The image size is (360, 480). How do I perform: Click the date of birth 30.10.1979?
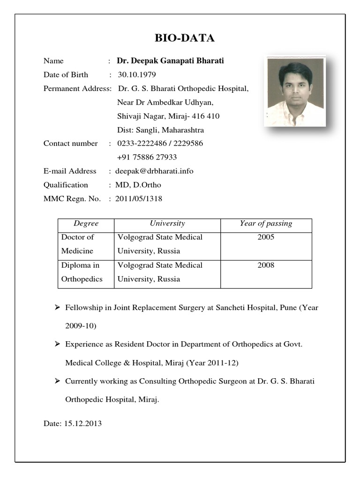[x=137, y=75]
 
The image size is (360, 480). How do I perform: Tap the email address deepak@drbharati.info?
[x=154, y=171]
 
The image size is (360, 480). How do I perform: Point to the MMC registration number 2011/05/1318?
[x=139, y=199]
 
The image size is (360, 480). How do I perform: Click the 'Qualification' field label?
[x=66, y=185]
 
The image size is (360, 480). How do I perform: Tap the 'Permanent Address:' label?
[x=77, y=88]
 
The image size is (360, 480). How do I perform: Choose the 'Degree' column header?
[x=86, y=224]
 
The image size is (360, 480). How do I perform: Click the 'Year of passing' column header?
[x=266, y=224]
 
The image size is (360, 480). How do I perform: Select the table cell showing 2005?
[x=266, y=237]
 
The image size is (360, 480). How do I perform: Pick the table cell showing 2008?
[x=266, y=265]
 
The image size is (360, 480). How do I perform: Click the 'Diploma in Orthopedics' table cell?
[x=82, y=272]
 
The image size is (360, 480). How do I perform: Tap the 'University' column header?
[x=167, y=224]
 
